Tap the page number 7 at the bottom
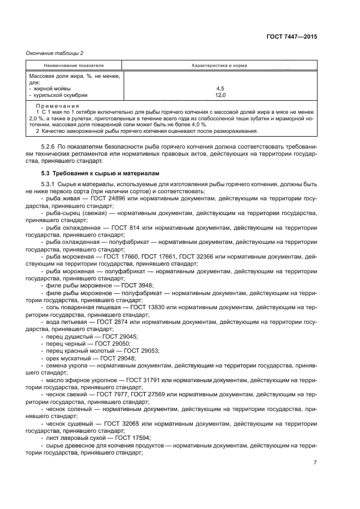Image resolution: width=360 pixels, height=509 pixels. [x=315, y=463]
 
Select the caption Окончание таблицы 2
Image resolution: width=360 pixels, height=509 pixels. [x=54, y=53]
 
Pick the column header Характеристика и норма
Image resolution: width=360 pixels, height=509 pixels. [x=219, y=65]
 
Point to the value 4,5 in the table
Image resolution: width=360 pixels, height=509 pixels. [x=220, y=88]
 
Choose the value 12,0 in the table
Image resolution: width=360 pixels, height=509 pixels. [x=220, y=95]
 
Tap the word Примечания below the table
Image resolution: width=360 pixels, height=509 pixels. [x=57, y=106]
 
